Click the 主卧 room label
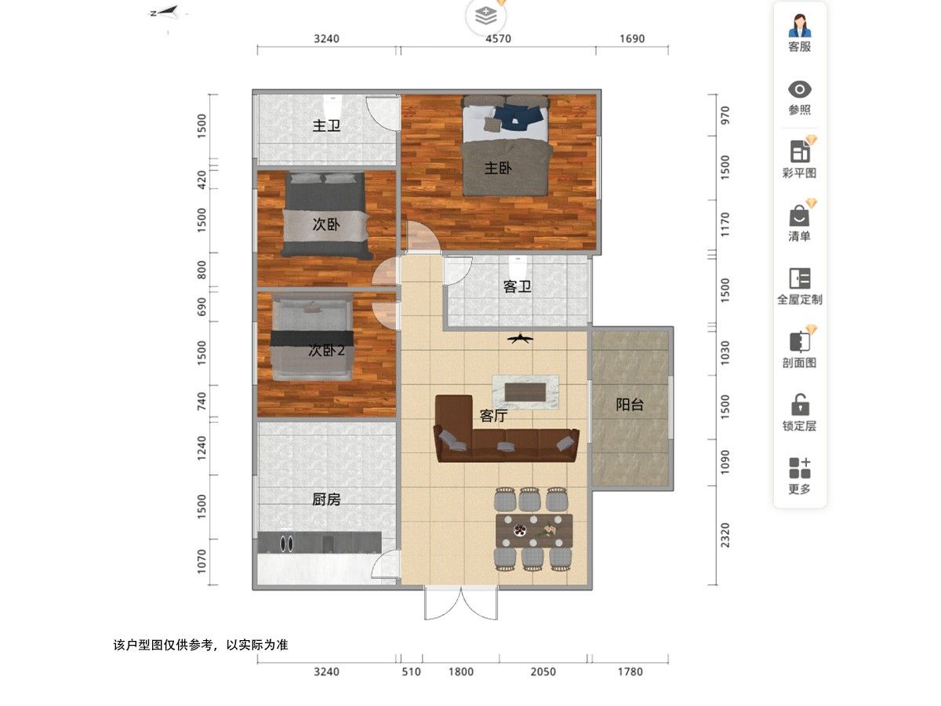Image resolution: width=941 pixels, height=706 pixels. click(498, 168)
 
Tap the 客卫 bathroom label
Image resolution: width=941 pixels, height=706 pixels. click(517, 286)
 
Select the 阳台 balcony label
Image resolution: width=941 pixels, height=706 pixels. click(630, 404)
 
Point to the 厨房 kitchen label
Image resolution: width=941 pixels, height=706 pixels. click(325, 499)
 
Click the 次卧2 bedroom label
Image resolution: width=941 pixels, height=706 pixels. click(326, 350)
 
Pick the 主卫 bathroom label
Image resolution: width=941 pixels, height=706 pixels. click(326, 126)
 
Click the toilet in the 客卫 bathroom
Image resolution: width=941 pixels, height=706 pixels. click(518, 267)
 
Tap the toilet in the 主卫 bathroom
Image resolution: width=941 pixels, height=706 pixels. click(332, 107)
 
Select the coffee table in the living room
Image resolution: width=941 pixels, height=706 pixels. click(525, 391)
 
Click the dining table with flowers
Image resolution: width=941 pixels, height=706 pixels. click(534, 531)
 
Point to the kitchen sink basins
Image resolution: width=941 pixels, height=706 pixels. click(286, 543)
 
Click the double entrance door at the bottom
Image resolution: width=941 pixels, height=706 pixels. click(461, 603)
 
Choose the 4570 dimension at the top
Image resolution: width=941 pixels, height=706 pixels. click(498, 38)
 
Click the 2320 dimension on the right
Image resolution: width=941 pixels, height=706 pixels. click(725, 535)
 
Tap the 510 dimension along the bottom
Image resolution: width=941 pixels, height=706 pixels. click(411, 671)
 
